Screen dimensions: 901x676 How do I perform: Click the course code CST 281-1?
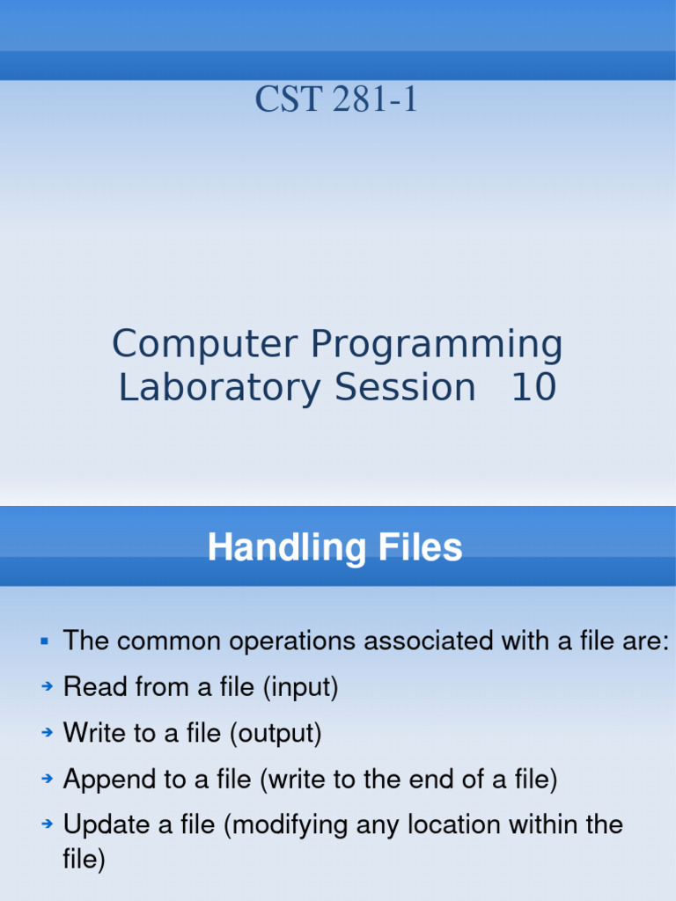click(337, 99)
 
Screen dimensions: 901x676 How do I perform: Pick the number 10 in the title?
click(533, 388)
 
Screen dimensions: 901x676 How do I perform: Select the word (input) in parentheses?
click(300, 687)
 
